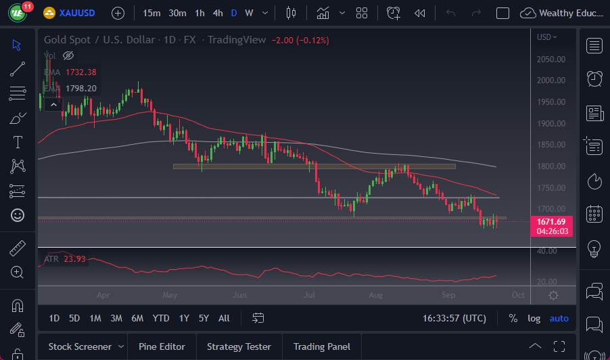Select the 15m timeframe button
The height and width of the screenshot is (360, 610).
click(151, 13)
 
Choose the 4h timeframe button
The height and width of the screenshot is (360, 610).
click(217, 13)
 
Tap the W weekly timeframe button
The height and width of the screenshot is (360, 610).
click(249, 13)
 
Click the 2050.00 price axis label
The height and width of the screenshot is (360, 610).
click(551, 59)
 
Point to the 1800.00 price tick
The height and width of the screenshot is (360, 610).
click(551, 166)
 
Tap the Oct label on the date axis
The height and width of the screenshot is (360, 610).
click(518, 295)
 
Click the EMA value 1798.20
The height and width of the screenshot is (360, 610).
click(80, 88)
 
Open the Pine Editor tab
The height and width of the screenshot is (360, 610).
click(162, 346)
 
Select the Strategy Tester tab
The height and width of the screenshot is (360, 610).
click(239, 346)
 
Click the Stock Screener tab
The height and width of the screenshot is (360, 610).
click(79, 346)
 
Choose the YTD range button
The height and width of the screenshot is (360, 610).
click(161, 318)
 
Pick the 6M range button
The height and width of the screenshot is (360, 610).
click(137, 318)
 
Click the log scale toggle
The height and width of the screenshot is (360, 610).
click(534, 318)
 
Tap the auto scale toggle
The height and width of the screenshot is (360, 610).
click(559, 318)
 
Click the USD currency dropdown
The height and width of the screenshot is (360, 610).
click(546, 37)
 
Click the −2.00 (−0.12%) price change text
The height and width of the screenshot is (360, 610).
click(300, 40)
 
